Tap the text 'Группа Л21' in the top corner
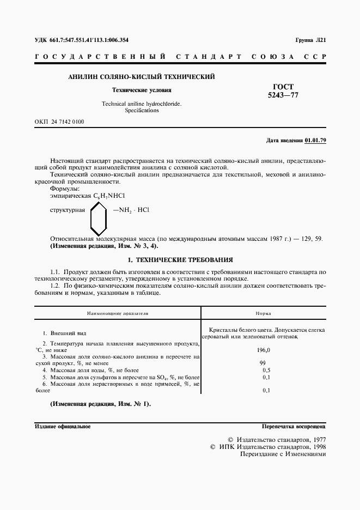coord(310,40)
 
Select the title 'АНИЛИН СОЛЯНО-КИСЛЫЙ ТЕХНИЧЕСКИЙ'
coord(141,77)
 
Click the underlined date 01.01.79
coord(315,140)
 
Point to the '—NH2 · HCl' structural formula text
coord(131,209)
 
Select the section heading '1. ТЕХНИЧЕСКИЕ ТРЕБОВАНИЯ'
coord(180,260)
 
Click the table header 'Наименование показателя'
coord(118,314)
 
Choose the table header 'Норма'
coord(264,314)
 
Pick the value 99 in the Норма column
coord(263,362)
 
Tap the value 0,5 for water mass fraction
coord(266,370)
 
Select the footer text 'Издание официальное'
coord(62,427)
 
